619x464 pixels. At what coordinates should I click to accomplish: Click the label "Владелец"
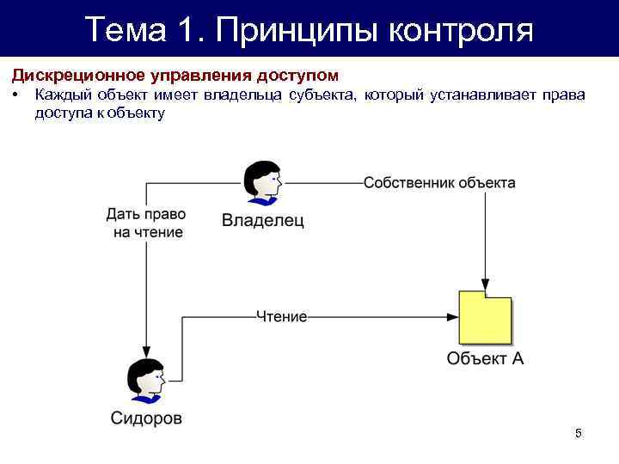262,220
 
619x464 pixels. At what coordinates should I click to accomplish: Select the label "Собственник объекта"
439,183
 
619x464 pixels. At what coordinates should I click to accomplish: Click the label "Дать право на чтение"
145,223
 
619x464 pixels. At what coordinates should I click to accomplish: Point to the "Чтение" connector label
281,316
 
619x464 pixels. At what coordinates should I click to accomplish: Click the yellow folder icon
486,318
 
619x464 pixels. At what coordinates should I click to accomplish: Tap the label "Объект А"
485,359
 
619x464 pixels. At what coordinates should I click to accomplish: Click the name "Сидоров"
146,418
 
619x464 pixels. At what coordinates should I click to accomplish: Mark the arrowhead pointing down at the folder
486,284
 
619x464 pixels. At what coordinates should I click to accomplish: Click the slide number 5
579,433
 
